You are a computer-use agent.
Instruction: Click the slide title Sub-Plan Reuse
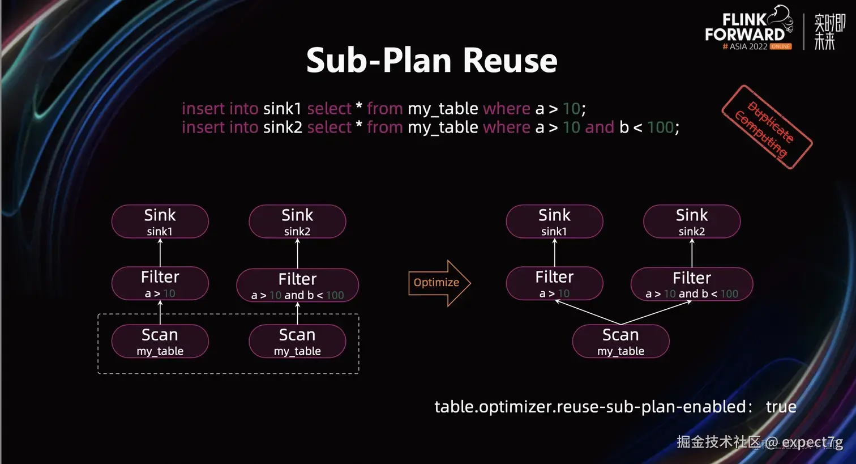[431, 60]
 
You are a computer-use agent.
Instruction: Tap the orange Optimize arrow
[438, 283]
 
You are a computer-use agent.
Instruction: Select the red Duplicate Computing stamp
[767, 127]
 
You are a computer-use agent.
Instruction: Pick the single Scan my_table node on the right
[620, 341]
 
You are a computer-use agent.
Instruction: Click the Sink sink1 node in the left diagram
[160, 222]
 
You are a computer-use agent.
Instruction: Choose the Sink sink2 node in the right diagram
[692, 222]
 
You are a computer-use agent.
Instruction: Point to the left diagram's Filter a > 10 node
[160, 283]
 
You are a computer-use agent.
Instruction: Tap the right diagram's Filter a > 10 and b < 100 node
[692, 284]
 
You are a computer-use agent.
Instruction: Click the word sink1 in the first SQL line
[282, 108]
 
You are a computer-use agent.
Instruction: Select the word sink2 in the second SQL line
[283, 127]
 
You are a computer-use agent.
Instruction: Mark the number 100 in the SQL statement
[660, 127]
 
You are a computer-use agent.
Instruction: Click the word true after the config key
[781, 407]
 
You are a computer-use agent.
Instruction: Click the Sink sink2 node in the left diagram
[297, 222]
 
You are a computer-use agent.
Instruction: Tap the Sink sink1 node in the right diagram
[554, 222]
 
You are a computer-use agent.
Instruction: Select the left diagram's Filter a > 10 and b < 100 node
[297, 285]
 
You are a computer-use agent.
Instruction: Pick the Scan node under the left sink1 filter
[160, 341]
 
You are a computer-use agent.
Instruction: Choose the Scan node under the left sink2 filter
[297, 341]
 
